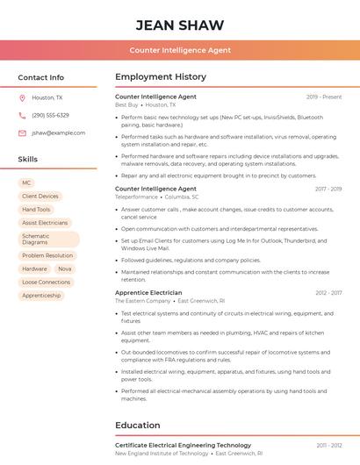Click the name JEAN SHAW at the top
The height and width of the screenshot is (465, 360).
(180, 25)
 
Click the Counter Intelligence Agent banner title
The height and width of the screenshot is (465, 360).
(180, 50)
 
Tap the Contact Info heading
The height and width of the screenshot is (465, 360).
(40, 77)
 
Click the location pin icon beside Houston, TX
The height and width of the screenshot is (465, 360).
(22, 97)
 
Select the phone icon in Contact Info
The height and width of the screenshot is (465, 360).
(22, 115)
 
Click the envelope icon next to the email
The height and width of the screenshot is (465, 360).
(22, 132)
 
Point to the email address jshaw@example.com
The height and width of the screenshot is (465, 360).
(58, 132)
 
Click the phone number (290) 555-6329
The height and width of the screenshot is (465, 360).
(50, 115)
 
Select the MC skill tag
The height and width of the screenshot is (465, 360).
(26, 183)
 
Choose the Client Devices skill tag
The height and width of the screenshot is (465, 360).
(40, 197)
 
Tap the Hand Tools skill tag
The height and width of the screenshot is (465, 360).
(36, 210)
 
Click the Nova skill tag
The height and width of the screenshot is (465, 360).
(65, 269)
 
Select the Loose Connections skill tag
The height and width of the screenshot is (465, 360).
(46, 283)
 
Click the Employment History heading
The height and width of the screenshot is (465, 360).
(160, 77)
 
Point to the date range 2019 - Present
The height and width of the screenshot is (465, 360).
(324, 97)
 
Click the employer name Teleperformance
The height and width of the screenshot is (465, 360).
(136, 197)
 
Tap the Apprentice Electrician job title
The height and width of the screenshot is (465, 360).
(148, 293)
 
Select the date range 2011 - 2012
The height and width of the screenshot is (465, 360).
(329, 446)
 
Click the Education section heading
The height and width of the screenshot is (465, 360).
(137, 426)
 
